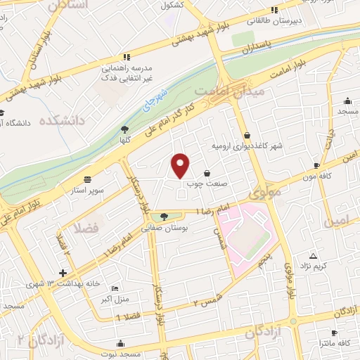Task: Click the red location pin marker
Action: coord(181,165)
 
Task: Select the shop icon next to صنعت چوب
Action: coord(207,172)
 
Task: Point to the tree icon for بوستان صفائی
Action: coord(164,217)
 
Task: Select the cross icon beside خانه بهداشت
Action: coord(63,273)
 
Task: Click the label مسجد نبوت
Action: coord(122,355)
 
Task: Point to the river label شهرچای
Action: coord(160,99)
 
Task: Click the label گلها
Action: coord(125,140)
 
